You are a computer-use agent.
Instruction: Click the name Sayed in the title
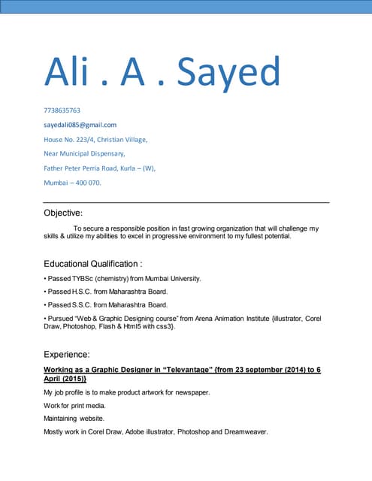pyautogui.click(x=228, y=73)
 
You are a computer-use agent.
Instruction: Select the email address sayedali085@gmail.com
pyautogui.click(x=80, y=125)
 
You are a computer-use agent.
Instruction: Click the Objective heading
pyautogui.click(x=63, y=213)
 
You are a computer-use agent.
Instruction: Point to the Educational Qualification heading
pyautogui.click(x=93, y=264)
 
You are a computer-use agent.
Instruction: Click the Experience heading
pyautogui.click(x=67, y=353)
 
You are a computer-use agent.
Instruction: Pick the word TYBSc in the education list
pyautogui.click(x=84, y=279)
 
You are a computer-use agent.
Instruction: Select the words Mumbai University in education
pyautogui.click(x=171, y=279)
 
